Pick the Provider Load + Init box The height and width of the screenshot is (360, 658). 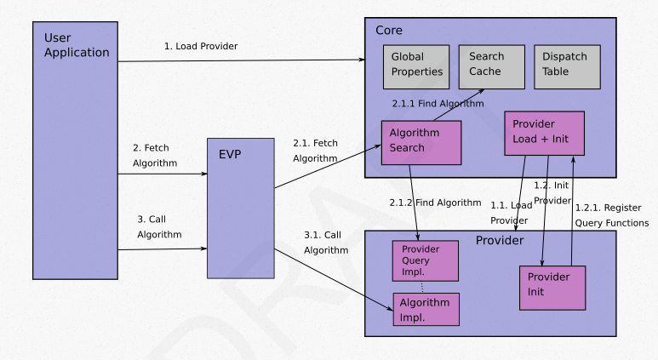[544, 132]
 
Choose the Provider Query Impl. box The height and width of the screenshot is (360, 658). [424, 260]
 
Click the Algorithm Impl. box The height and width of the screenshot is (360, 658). [426, 310]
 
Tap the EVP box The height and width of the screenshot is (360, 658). [240, 207]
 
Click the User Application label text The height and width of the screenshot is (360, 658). [77, 45]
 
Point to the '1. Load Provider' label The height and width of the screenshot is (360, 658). [201, 46]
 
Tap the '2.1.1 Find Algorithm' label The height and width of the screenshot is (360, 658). [438, 103]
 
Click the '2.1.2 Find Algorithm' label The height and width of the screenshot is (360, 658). [436, 203]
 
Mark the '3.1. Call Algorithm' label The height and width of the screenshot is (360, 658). [326, 242]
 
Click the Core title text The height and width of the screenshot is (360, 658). [389, 31]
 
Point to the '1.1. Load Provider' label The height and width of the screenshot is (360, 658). [511, 213]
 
